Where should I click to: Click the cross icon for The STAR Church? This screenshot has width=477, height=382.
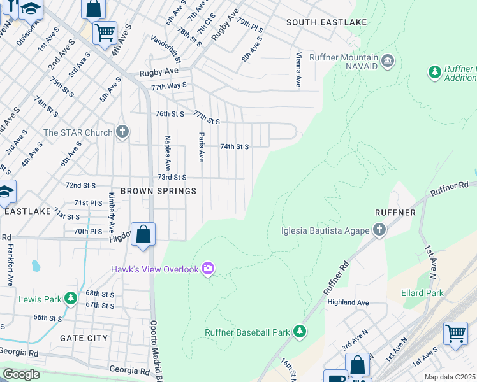[122, 132]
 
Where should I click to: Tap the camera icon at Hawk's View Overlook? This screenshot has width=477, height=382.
[207, 269]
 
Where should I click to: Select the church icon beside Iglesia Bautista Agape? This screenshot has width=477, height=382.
[379, 229]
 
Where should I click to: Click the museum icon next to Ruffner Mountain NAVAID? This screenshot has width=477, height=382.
[388, 62]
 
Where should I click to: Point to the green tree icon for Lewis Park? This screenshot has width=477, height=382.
[71, 298]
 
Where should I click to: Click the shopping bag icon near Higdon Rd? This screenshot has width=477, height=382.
[144, 234]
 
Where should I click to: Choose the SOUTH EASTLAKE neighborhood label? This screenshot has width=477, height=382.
[327, 22]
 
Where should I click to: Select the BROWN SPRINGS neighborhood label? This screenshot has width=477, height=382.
[159, 191]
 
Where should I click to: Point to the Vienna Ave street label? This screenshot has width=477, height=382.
[298, 69]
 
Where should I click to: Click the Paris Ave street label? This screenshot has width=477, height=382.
[201, 147]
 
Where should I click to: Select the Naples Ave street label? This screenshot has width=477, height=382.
[167, 151]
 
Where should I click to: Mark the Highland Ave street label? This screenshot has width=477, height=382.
[347, 302]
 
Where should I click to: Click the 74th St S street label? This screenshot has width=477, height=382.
[234, 146]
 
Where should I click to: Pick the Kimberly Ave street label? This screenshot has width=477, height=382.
[112, 212]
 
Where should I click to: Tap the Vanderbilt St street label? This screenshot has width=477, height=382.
[166, 50]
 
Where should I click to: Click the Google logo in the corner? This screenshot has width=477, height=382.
[21, 374]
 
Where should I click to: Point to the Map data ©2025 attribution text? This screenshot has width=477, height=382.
[450, 377]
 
